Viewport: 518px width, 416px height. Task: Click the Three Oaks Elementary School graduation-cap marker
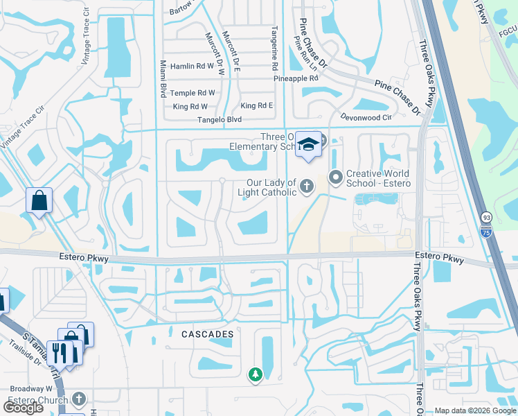coord(309,144)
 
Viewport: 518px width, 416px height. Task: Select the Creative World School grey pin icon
coord(336,177)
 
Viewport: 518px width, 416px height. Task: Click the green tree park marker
coord(256,374)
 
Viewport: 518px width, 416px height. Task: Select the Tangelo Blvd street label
coord(217,120)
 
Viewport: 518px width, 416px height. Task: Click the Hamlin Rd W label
coord(192,67)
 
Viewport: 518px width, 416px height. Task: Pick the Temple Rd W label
coord(193,93)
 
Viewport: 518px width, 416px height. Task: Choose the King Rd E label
coord(256,105)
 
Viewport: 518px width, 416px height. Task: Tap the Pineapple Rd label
coord(296,79)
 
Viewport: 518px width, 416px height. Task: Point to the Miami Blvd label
coord(163,78)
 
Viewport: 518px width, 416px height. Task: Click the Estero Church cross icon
coord(79,399)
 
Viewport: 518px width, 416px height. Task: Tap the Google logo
coord(24,408)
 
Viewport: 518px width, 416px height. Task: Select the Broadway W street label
coord(26,389)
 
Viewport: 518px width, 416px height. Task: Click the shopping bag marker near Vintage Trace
coord(39,201)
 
